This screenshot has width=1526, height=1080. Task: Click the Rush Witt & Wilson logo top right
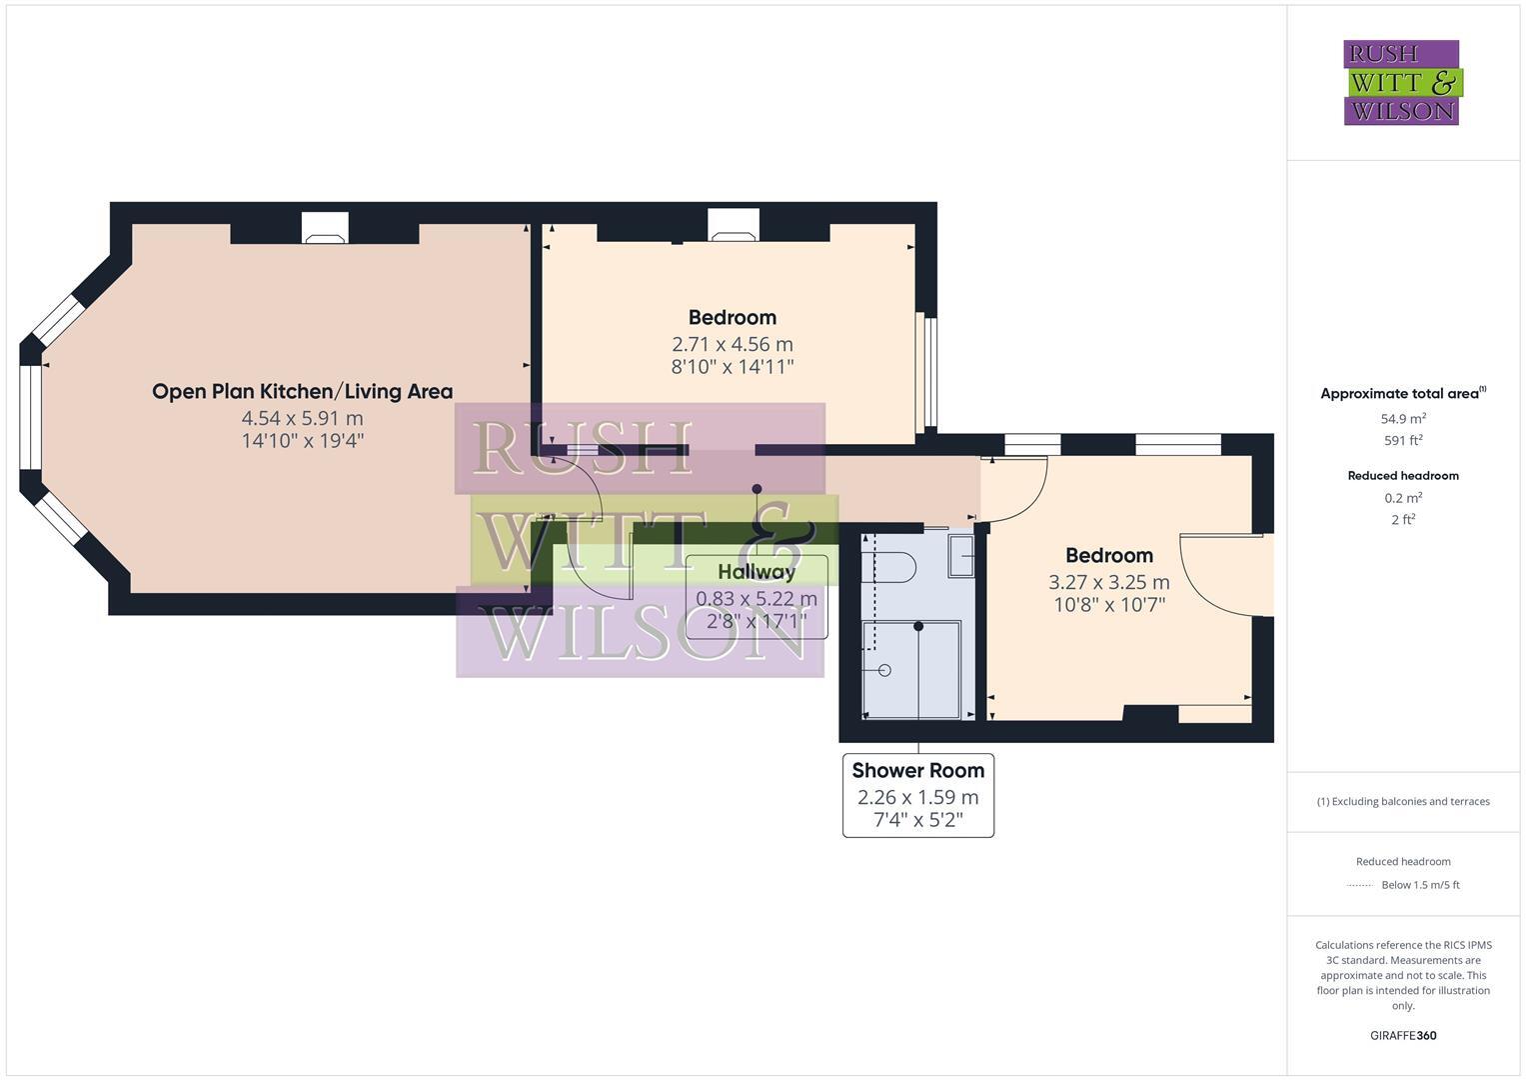point(1401,82)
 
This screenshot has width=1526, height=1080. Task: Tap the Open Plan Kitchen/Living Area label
point(302,392)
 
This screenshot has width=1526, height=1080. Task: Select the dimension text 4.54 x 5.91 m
point(302,418)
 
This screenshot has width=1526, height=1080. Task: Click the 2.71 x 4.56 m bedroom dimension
point(732,344)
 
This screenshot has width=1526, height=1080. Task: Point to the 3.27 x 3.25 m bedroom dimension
point(1108,582)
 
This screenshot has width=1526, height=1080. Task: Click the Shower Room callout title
point(917,771)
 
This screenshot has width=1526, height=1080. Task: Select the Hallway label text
point(757,572)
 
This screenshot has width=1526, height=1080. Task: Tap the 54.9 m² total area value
point(1403,419)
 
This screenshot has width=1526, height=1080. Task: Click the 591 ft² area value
point(1403,440)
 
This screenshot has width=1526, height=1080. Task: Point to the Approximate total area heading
point(1402,393)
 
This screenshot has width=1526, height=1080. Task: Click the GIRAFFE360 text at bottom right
point(1403,1035)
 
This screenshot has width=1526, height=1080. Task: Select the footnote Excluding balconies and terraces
point(1403,801)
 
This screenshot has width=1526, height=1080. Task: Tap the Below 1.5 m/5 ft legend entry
point(1419,885)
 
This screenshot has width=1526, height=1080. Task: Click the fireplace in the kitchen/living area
point(325,230)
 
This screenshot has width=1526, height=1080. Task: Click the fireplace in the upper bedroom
point(734,227)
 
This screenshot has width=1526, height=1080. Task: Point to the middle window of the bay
point(31,417)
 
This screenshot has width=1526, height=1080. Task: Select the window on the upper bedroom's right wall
point(930,372)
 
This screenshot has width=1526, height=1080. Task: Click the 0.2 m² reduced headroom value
point(1403,498)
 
